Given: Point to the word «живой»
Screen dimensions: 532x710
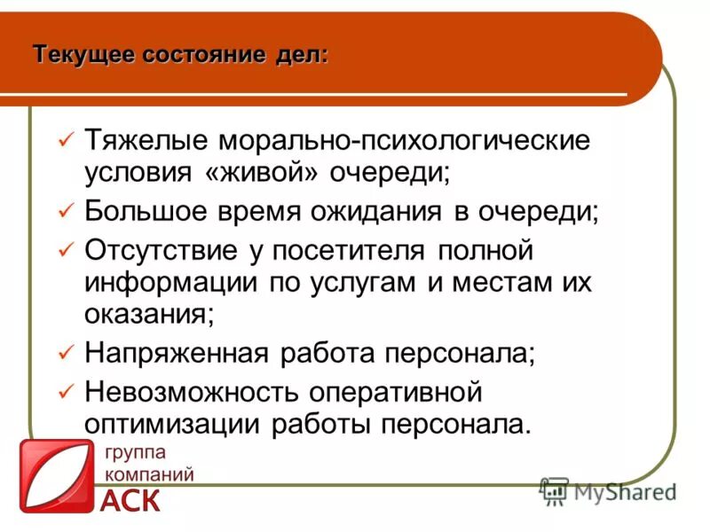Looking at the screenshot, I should (x=256, y=171).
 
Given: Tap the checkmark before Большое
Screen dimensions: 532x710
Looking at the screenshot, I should (x=65, y=211).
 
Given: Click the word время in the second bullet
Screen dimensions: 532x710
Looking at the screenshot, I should (x=277, y=211).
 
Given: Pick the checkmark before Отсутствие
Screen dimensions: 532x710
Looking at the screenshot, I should (x=65, y=251).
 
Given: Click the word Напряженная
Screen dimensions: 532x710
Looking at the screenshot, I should (x=177, y=353).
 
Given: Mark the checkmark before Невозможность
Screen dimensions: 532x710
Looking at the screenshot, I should (x=65, y=391).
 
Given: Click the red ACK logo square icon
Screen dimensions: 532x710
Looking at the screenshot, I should (x=56, y=476).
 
